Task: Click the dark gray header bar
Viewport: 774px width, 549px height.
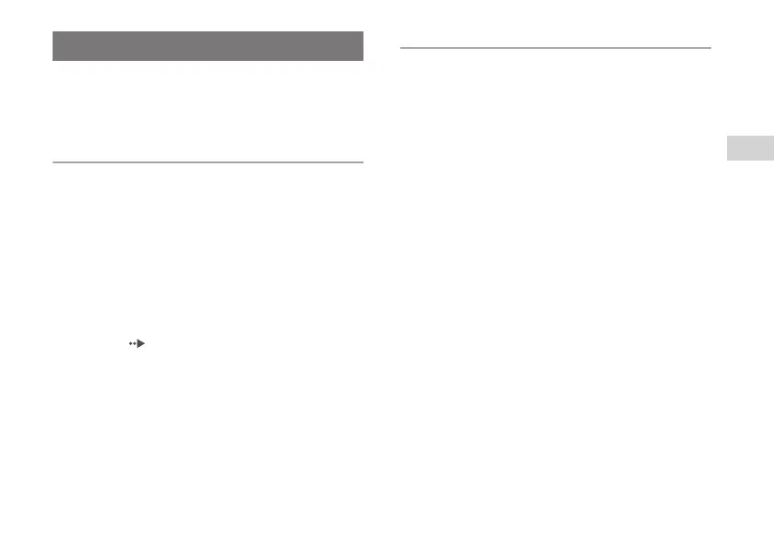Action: click(208, 46)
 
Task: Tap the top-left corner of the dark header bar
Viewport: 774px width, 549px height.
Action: click(54, 31)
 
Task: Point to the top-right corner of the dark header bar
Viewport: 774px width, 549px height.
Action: click(363, 31)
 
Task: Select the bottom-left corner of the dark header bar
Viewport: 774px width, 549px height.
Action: click(54, 61)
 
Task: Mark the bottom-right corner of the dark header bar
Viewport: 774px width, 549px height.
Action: click(363, 61)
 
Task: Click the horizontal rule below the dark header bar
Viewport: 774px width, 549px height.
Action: click(208, 162)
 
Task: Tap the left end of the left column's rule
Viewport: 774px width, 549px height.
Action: click(54, 162)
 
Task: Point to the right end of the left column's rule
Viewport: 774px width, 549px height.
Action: click(363, 162)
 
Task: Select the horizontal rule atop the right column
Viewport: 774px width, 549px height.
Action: click(556, 47)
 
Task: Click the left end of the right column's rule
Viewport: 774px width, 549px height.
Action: click(401, 47)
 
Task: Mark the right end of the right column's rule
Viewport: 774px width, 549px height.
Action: click(711, 47)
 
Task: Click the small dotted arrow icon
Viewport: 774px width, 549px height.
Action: click(137, 343)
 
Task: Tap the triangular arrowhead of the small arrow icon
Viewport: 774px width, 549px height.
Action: click(141, 343)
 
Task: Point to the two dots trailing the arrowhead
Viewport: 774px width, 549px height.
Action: click(133, 343)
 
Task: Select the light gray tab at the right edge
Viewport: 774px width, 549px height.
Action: click(750, 147)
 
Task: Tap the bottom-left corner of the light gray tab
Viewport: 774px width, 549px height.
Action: click(727, 160)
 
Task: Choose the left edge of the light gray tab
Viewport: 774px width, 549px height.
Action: click(727, 147)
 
